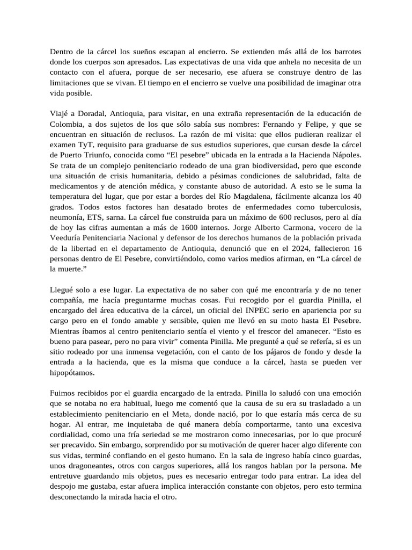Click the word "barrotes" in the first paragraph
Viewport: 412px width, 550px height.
(344, 52)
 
